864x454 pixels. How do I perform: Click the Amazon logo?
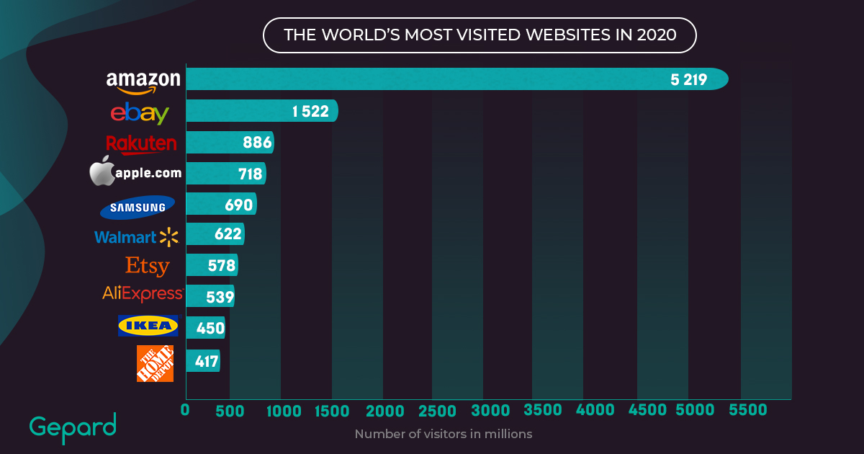pyautogui.click(x=143, y=81)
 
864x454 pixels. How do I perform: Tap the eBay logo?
pyautogui.click(x=140, y=113)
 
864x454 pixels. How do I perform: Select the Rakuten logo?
pyautogui.click(x=141, y=144)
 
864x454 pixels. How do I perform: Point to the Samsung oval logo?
pyautogui.click(x=138, y=207)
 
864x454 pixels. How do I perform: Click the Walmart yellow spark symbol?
pyautogui.click(x=168, y=236)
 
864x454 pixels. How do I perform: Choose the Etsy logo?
pyautogui.click(x=148, y=266)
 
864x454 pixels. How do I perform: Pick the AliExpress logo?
pyautogui.click(x=143, y=294)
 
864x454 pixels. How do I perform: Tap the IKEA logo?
pyautogui.click(x=148, y=326)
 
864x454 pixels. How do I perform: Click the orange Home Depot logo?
pyautogui.click(x=155, y=363)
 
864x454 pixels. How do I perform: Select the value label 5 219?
pyautogui.click(x=688, y=79)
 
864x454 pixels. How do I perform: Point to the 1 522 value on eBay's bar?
pyautogui.click(x=310, y=111)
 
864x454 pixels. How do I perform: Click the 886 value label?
pyautogui.click(x=257, y=143)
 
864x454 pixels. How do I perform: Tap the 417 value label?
pyautogui.click(x=207, y=360)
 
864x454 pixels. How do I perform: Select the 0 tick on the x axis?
pyautogui.click(x=185, y=410)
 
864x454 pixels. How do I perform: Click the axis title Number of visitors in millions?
pyautogui.click(x=443, y=434)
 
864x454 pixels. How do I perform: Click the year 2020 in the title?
pyautogui.click(x=657, y=35)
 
